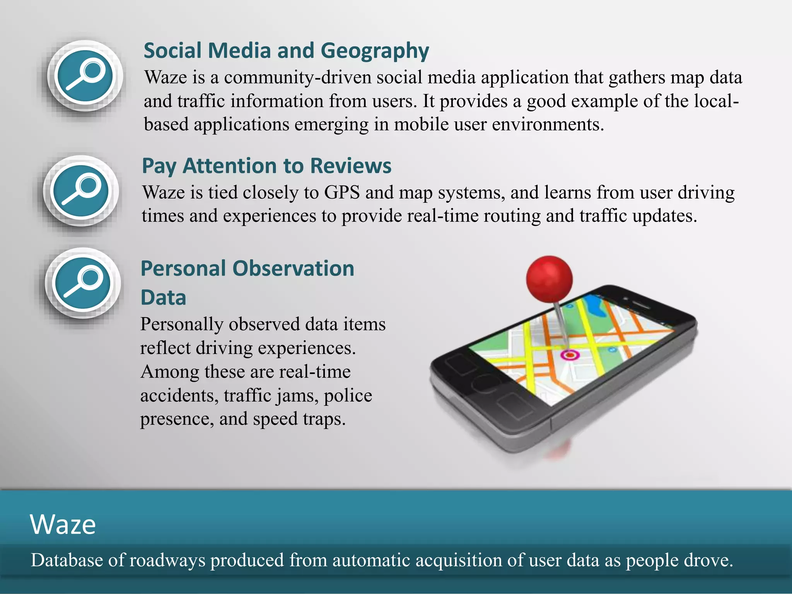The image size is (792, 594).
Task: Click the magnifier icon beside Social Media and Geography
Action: coord(85,76)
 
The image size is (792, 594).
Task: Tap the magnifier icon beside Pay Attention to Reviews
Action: coord(81,191)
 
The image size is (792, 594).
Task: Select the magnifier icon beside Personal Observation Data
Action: coord(82,283)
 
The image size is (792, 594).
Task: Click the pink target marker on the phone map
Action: coord(569,354)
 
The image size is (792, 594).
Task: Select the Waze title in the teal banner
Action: coord(63,525)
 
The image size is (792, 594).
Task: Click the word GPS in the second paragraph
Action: coord(341,193)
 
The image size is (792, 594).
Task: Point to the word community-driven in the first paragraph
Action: coord(297,77)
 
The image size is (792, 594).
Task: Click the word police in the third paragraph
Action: coord(348,396)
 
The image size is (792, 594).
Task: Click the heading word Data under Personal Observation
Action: coord(163,298)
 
